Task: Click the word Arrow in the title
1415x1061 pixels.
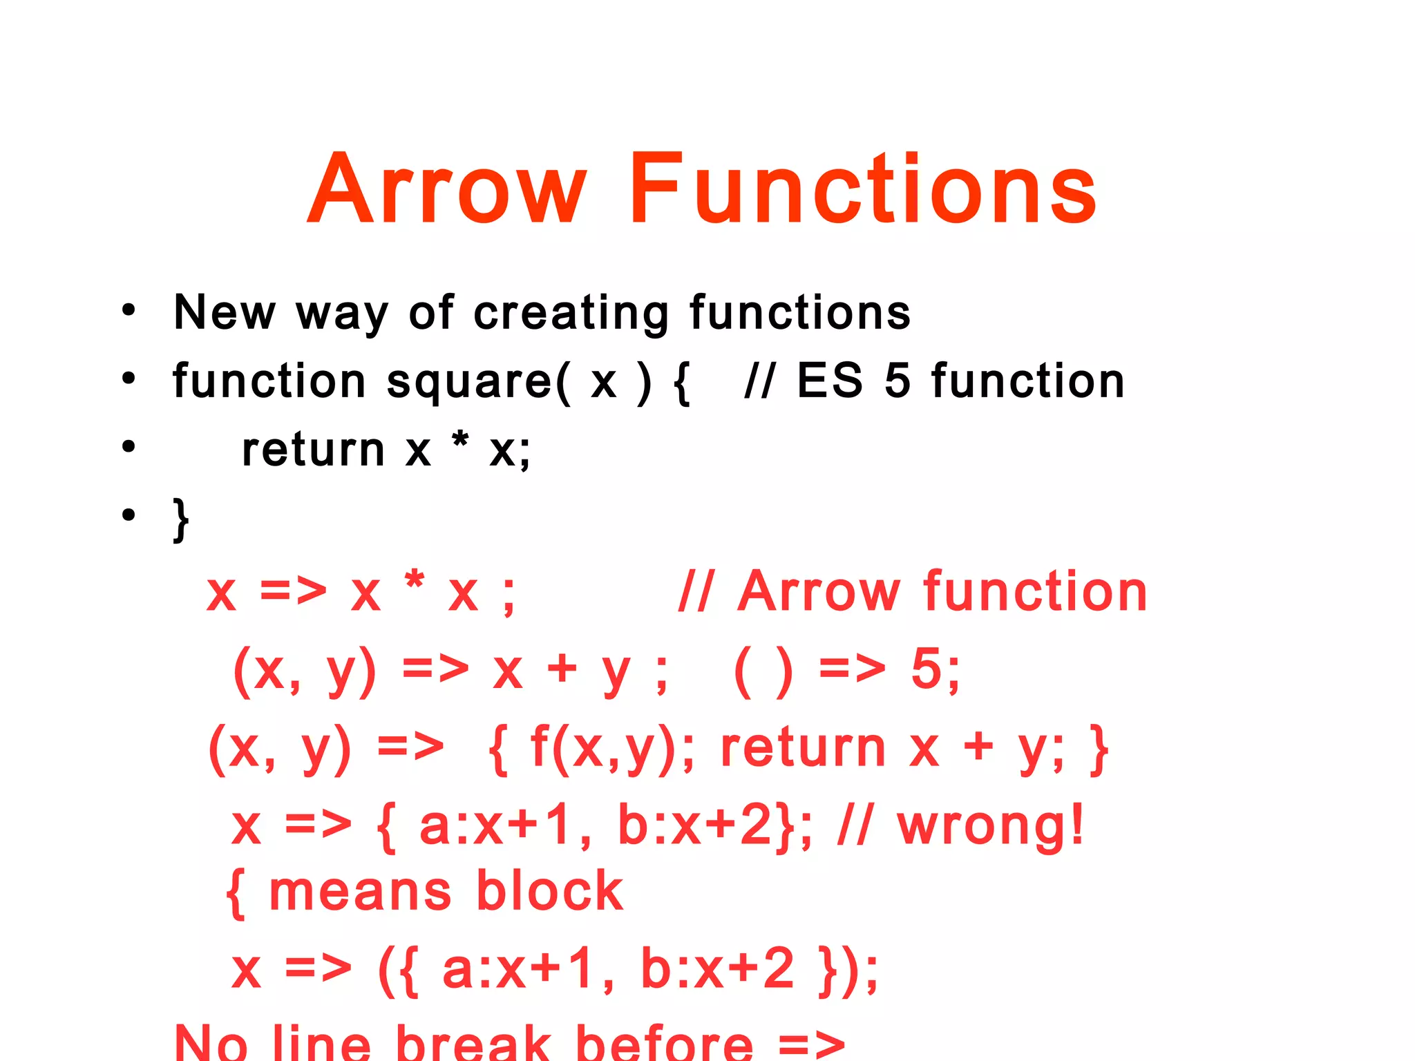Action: [447, 189]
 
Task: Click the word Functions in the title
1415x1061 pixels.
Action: [862, 189]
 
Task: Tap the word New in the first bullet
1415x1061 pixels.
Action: [225, 312]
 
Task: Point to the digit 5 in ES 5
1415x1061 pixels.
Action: [897, 381]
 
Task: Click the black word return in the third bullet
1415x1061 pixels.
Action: [313, 450]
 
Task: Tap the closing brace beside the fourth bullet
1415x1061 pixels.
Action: [181, 519]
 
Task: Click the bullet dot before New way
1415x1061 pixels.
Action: [129, 310]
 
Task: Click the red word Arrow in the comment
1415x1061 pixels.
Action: [818, 592]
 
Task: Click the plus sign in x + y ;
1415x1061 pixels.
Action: [562, 669]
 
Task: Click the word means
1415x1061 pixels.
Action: [359, 892]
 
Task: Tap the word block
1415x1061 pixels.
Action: [550, 892]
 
